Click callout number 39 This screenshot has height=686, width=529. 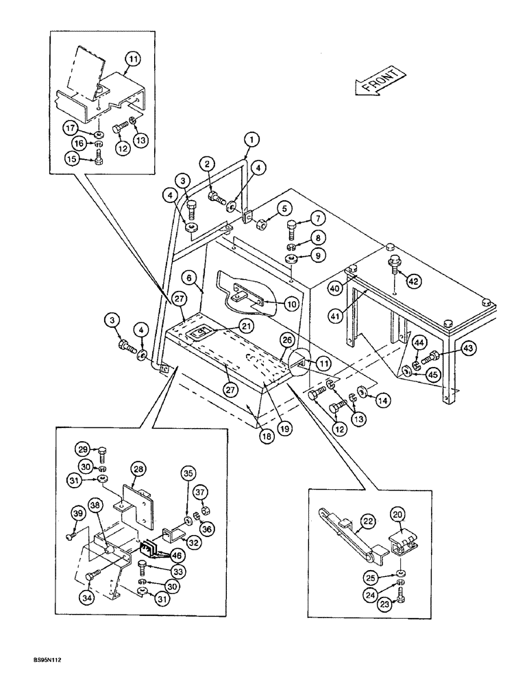coord(77,515)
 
